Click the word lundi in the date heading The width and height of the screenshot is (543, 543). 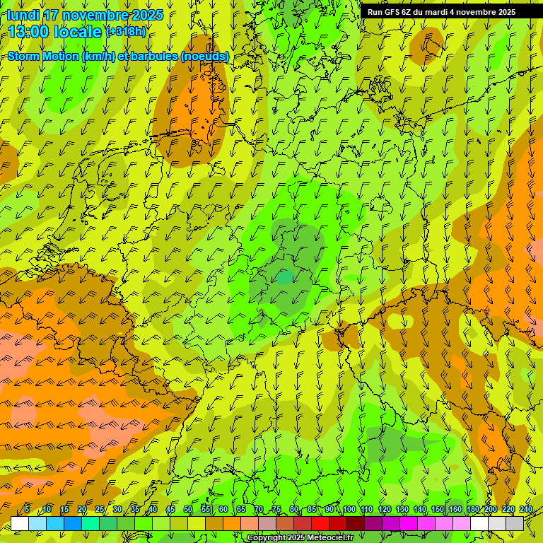(x=23, y=15)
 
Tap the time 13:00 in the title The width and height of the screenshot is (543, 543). (x=30, y=32)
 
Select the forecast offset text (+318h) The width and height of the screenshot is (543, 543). (x=126, y=32)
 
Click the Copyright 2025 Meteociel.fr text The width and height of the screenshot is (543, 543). (x=300, y=538)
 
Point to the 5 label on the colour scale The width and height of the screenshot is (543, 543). (x=27, y=510)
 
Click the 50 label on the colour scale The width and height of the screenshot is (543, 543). (x=188, y=510)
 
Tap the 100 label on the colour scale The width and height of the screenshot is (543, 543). (x=349, y=510)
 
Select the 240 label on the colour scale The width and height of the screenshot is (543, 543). (x=526, y=510)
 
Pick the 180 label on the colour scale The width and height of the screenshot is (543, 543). (x=472, y=510)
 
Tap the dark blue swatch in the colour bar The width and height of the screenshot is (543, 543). (x=73, y=523)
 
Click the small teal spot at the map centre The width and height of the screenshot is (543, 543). (x=285, y=278)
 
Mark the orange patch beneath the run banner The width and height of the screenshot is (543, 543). (x=426, y=45)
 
